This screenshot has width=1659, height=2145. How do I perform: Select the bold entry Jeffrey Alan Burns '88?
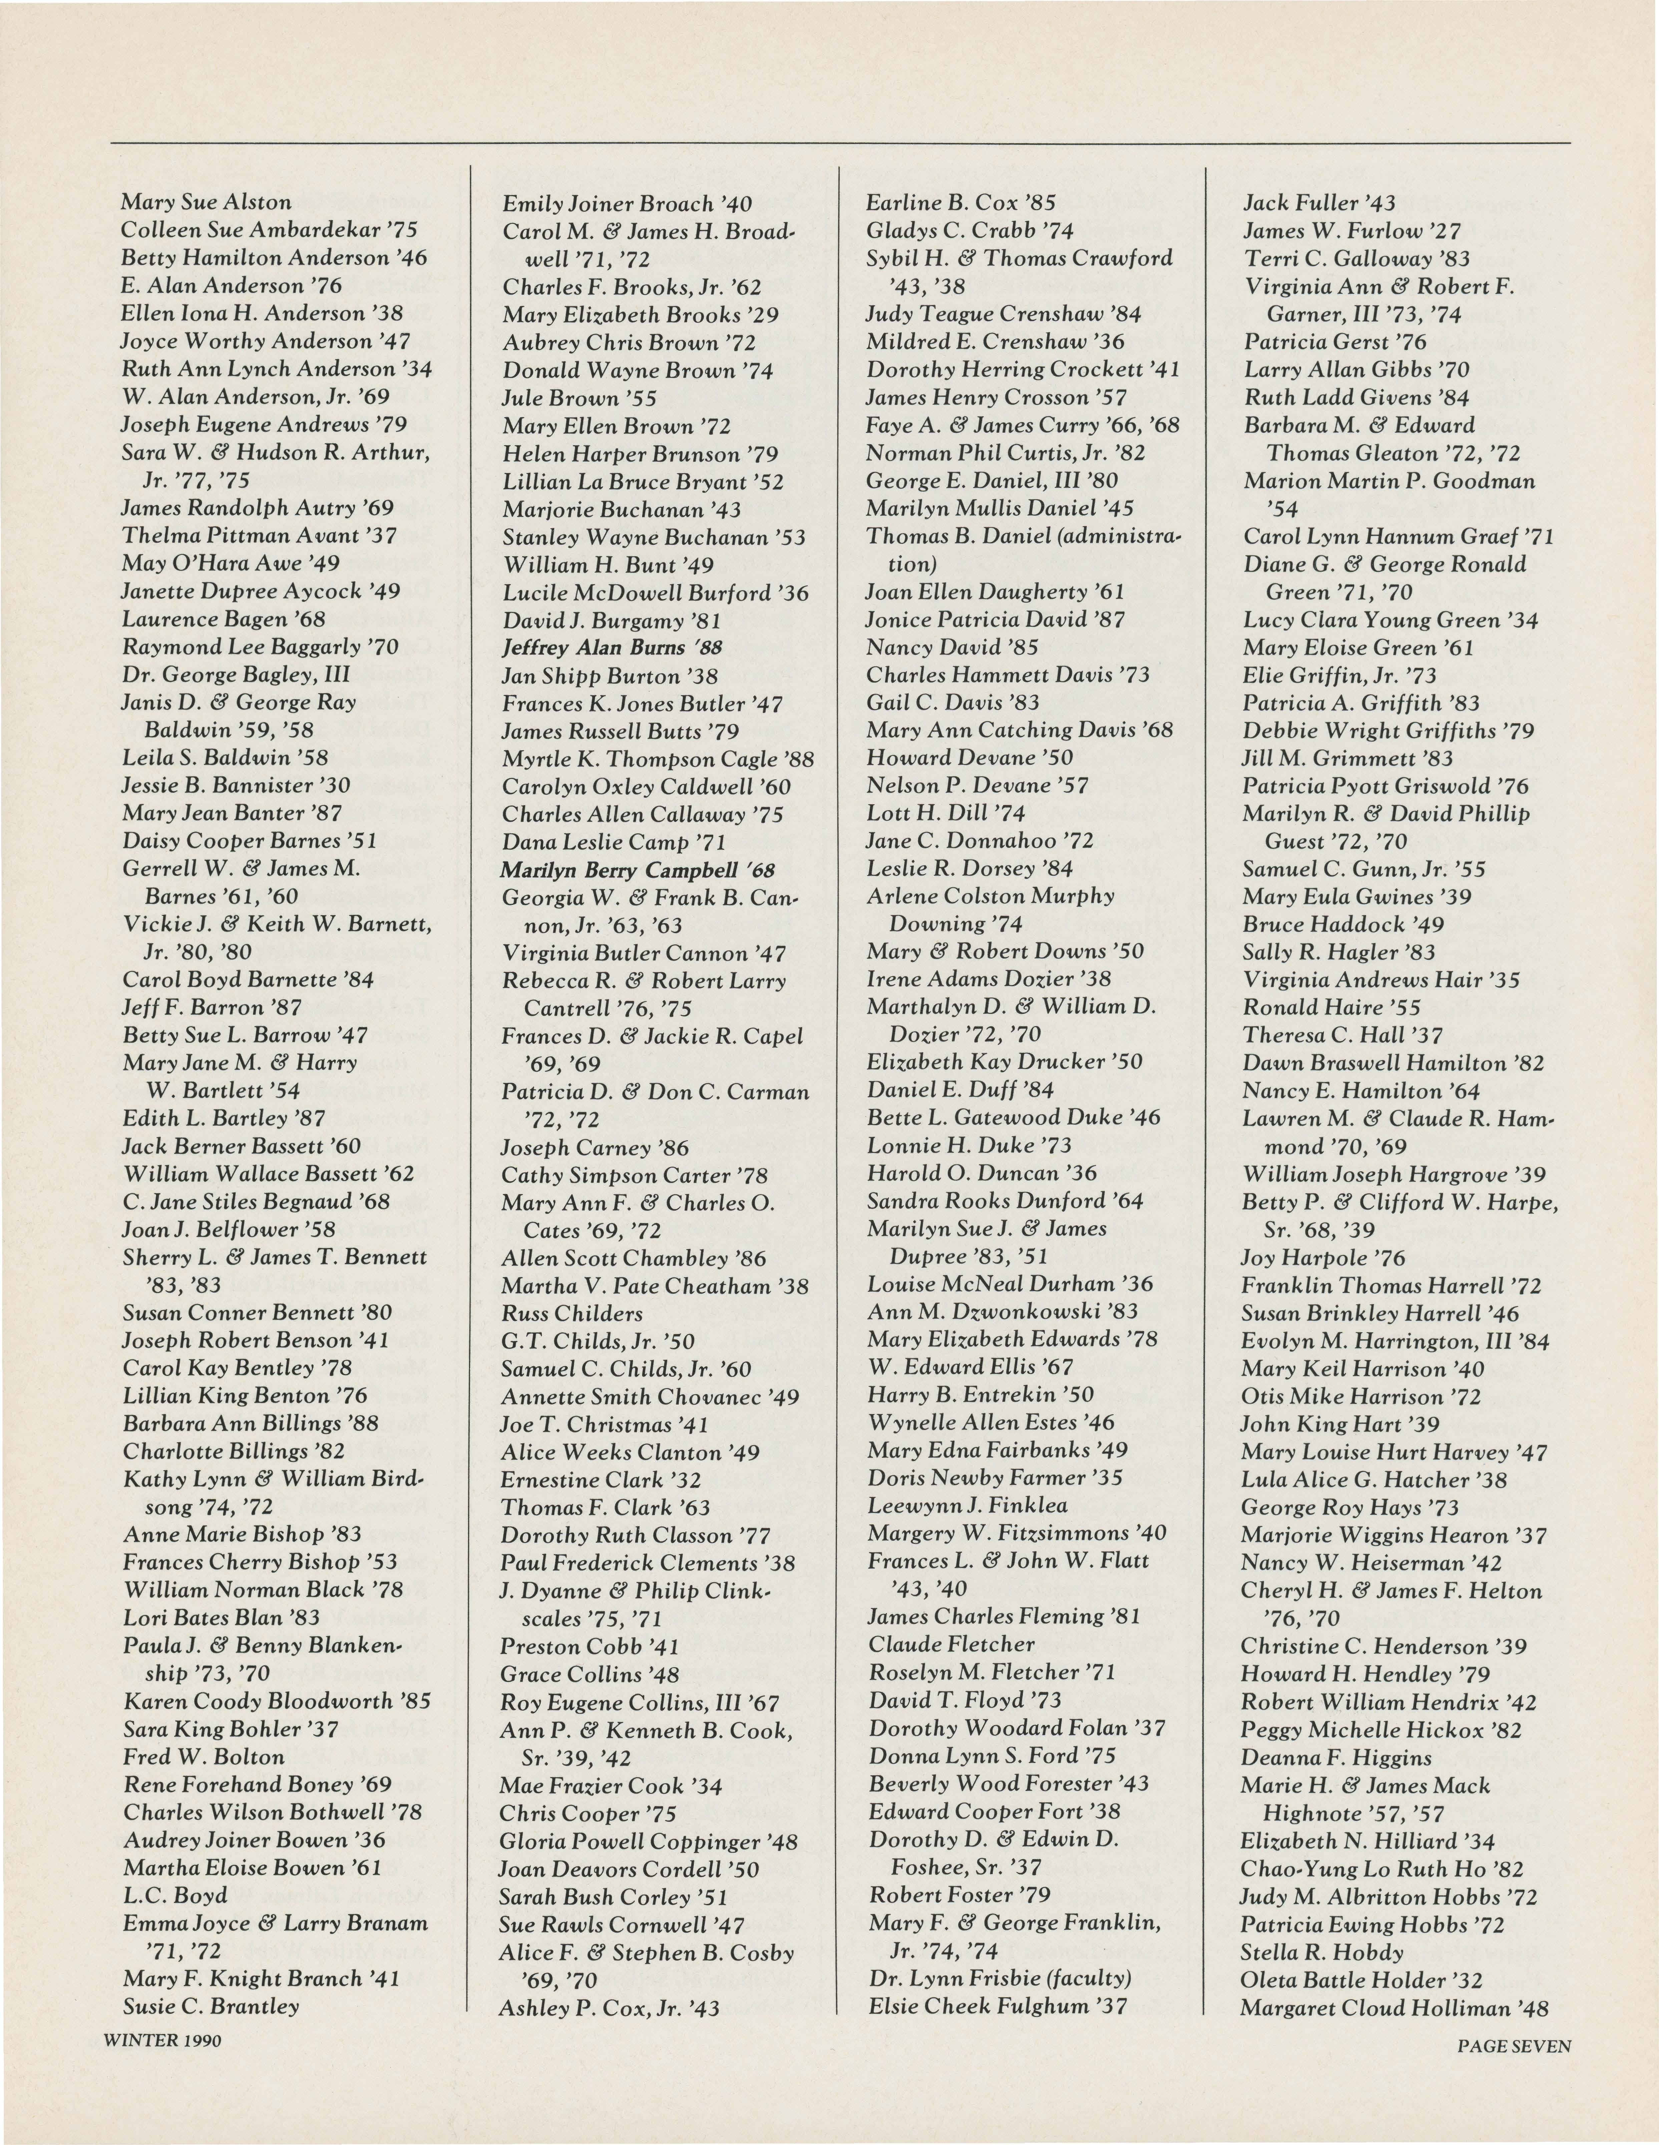click(x=612, y=648)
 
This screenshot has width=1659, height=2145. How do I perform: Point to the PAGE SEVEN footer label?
click(x=1514, y=2047)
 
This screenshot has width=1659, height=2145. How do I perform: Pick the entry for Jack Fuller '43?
click(x=1319, y=203)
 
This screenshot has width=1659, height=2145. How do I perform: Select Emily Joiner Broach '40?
click(x=627, y=204)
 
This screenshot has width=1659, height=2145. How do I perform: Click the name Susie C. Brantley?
click(x=210, y=2007)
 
